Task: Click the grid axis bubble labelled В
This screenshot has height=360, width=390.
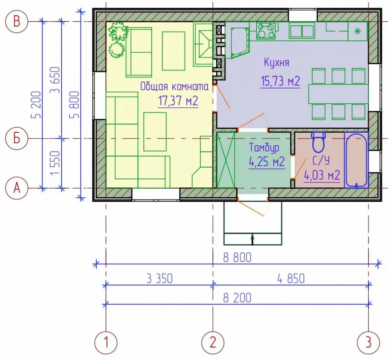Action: pyautogui.click(x=16, y=21)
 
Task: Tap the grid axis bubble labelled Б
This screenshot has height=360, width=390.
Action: pyautogui.click(x=16, y=138)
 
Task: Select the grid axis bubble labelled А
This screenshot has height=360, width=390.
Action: pyautogui.click(x=16, y=188)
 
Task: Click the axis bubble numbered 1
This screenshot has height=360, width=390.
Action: pyautogui.click(x=106, y=342)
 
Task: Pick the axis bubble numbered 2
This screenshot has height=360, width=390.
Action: pyautogui.click(x=213, y=342)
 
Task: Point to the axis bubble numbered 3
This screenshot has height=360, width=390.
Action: pyautogui.click(x=369, y=342)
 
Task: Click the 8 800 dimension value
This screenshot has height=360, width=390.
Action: pyautogui.click(x=237, y=258)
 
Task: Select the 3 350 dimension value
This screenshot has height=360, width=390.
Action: pyautogui.click(x=160, y=278)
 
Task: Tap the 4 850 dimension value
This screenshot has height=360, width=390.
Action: pyautogui.click(x=291, y=278)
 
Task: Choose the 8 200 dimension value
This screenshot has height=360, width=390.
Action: pyautogui.click(x=237, y=298)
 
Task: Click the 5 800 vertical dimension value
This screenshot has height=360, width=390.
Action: pyautogui.click(x=74, y=105)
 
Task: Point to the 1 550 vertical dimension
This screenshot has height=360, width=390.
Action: pyautogui.click(x=55, y=163)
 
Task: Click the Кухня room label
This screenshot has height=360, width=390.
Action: pyautogui.click(x=277, y=62)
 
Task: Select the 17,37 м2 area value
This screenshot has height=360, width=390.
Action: pyautogui.click(x=178, y=101)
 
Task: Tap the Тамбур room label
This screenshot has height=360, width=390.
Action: pyautogui.click(x=264, y=148)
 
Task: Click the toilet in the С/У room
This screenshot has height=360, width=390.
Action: pyautogui.click(x=319, y=142)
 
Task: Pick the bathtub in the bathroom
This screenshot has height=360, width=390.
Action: pyautogui.click(x=356, y=160)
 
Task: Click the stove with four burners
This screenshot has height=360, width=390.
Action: pyautogui.click(x=266, y=30)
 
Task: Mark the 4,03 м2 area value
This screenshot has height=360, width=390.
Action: pyautogui.click(x=322, y=176)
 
